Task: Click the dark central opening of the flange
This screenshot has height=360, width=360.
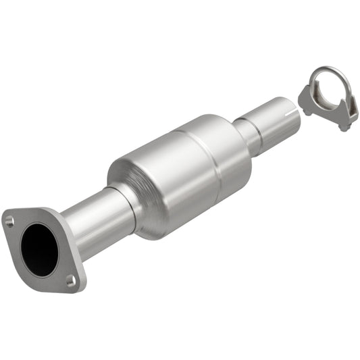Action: coord(40,249)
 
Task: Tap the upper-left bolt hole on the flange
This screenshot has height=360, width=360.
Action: coord(9,221)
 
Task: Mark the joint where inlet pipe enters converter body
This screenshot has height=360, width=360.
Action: coord(129,203)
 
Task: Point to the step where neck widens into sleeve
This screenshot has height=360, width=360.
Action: coord(259,125)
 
